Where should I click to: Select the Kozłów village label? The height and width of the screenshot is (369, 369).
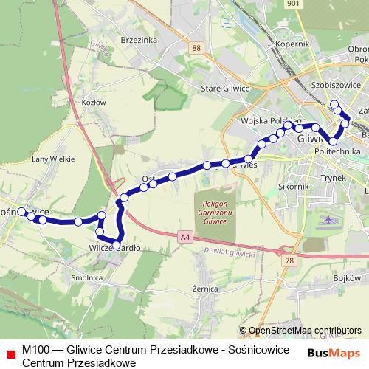coord(95,102)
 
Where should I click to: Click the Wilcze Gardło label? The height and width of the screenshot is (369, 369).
coord(114,248)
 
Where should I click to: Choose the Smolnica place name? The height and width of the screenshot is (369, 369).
coord(87,278)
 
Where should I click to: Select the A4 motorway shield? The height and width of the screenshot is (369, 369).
coord(184,236)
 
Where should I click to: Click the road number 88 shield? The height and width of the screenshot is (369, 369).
coord(195,48)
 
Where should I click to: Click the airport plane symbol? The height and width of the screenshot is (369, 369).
coord(328,220)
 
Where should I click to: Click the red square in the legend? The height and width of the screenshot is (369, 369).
coord(10,354)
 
